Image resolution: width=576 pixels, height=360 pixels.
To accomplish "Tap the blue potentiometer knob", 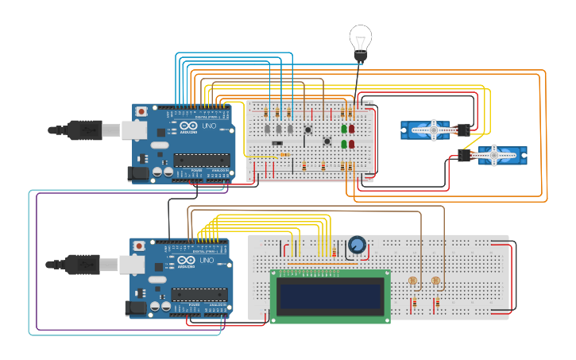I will [358, 246].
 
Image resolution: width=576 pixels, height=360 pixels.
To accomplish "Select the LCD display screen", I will [330, 296].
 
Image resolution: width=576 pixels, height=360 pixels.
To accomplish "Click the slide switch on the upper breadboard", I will [276, 143].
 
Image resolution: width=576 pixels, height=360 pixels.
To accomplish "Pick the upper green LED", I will [344, 129].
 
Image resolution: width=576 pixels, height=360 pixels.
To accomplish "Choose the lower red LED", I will [351, 145].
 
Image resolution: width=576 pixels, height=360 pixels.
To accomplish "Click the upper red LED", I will [351, 129].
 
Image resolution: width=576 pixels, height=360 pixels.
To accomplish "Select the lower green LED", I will [344, 145].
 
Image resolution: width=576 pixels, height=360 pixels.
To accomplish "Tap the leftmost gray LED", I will [269, 129].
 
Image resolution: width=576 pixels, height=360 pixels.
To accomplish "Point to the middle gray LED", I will [280, 129].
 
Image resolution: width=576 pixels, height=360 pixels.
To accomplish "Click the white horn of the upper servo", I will [434, 130].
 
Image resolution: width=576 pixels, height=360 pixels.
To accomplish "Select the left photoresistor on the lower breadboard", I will [412, 281].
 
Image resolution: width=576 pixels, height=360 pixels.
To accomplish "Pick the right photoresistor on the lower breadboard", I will [435, 281].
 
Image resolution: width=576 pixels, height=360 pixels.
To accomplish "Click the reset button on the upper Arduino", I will [141, 111].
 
